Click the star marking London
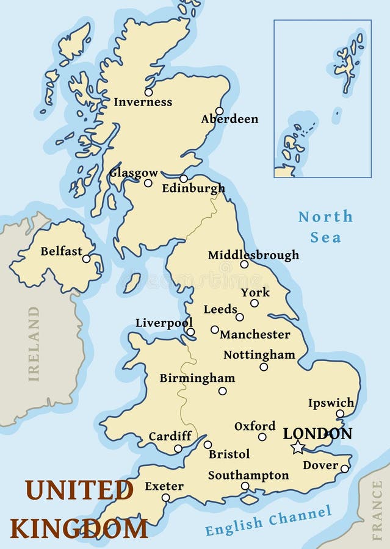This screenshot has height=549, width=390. click(297, 448)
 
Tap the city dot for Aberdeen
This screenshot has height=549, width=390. click(220, 111)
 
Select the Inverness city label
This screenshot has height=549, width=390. click(143, 102)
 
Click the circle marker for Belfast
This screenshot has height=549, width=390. click(86, 259)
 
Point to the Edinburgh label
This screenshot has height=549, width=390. click(193, 189)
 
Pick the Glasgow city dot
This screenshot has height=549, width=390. click(148, 183)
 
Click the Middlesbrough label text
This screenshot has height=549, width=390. click(253, 255)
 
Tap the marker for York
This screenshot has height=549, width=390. click(255, 303)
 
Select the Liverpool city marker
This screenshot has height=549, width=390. click(190, 332)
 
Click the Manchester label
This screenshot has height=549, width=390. click(255, 334)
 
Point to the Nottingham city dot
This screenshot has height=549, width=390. click(264, 367)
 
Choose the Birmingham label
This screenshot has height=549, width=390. click(197, 378)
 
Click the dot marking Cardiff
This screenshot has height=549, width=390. click(178, 448)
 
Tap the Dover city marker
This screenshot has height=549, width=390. click(344, 468)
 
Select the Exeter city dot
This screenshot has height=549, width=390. click(165, 498)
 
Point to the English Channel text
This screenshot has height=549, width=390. click(269, 521)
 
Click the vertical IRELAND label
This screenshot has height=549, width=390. click(34, 344)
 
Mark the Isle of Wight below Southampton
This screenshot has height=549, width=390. click(249, 500)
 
